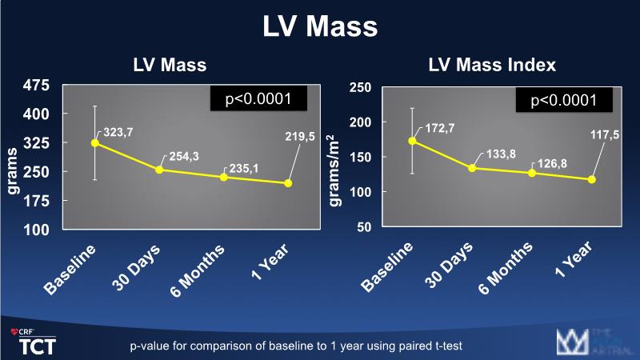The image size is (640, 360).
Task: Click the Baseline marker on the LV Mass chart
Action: (x=94, y=142)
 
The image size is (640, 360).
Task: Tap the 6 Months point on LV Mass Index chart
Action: (x=531, y=173)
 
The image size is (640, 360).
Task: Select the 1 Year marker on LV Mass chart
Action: (x=288, y=183)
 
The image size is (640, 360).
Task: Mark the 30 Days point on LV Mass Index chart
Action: (x=472, y=168)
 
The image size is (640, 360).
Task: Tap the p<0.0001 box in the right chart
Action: (x=564, y=100)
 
